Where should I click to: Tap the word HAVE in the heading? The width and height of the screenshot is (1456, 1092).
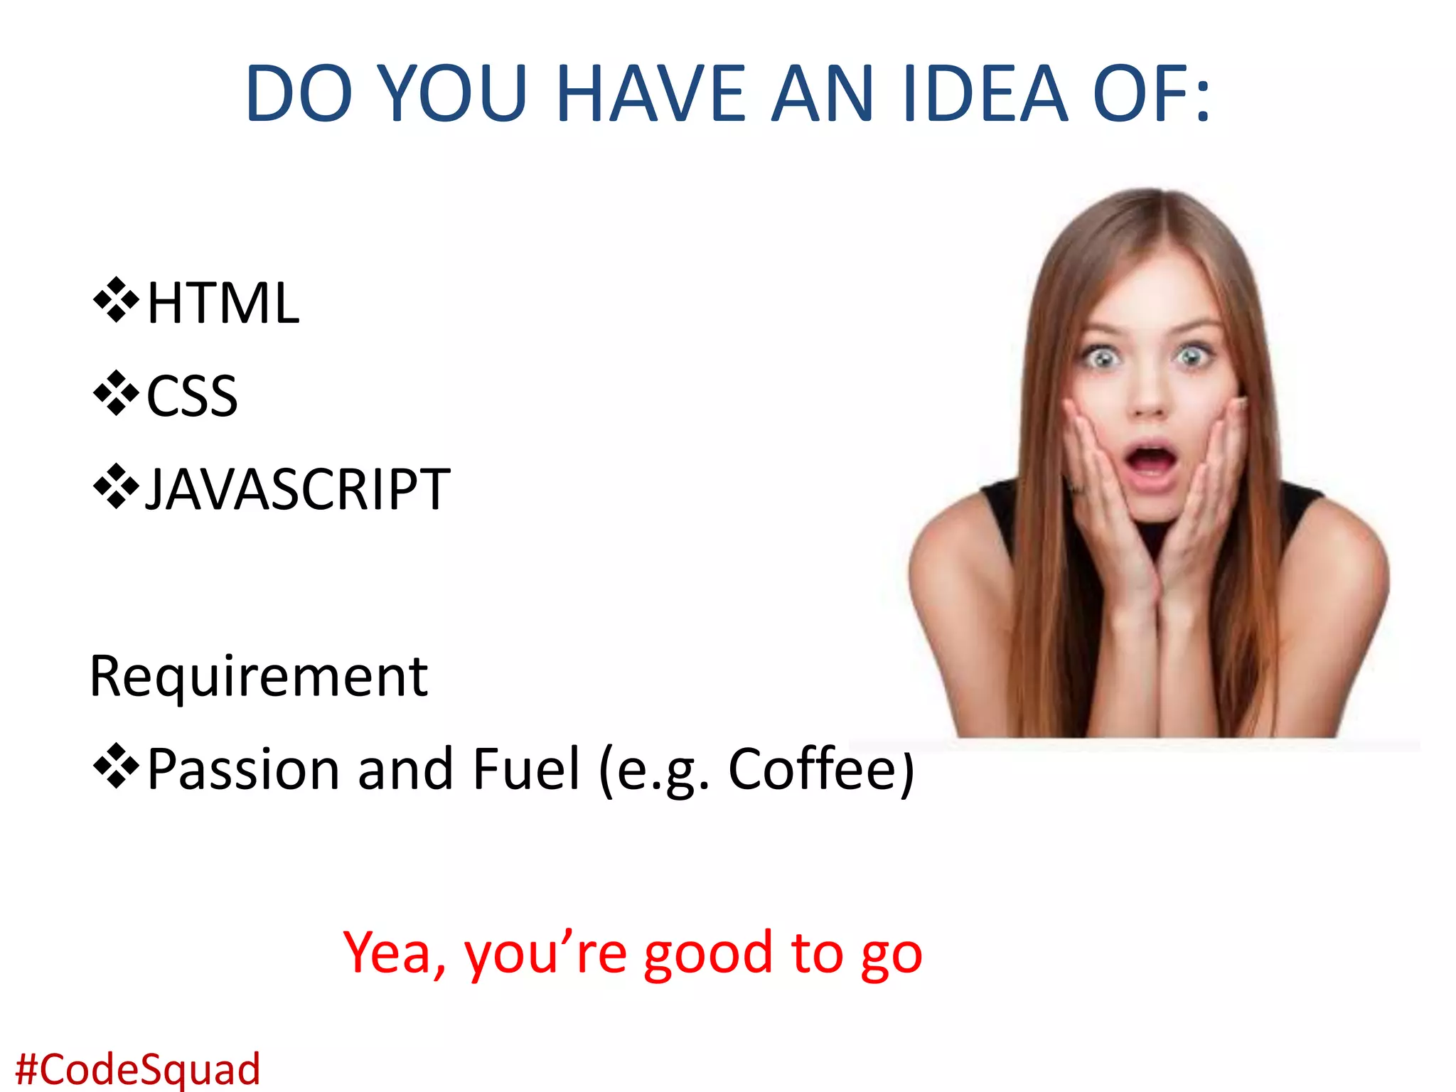click(650, 94)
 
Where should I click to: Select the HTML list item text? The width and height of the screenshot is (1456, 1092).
click(223, 304)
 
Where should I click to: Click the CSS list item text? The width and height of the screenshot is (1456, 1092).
click(192, 397)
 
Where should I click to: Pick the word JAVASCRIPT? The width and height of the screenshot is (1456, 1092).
click(297, 490)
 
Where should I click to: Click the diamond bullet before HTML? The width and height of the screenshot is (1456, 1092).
click(116, 301)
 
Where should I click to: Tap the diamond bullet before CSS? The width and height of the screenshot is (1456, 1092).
click(116, 393)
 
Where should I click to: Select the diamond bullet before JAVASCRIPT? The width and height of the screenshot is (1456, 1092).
click(116, 487)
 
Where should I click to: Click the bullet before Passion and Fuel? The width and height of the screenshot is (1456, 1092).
click(116, 766)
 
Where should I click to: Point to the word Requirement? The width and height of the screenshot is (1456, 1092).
click(259, 676)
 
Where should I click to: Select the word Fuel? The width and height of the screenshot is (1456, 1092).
click(527, 769)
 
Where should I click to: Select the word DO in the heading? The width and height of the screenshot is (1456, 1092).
click(299, 94)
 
